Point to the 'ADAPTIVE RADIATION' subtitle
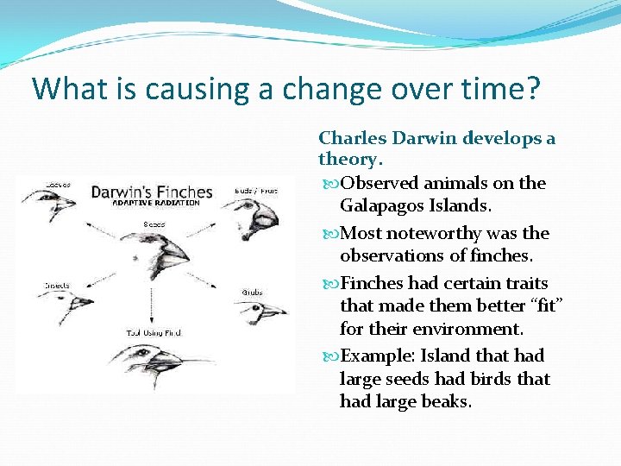pos(145,204)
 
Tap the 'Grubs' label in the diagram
pos(252,292)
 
